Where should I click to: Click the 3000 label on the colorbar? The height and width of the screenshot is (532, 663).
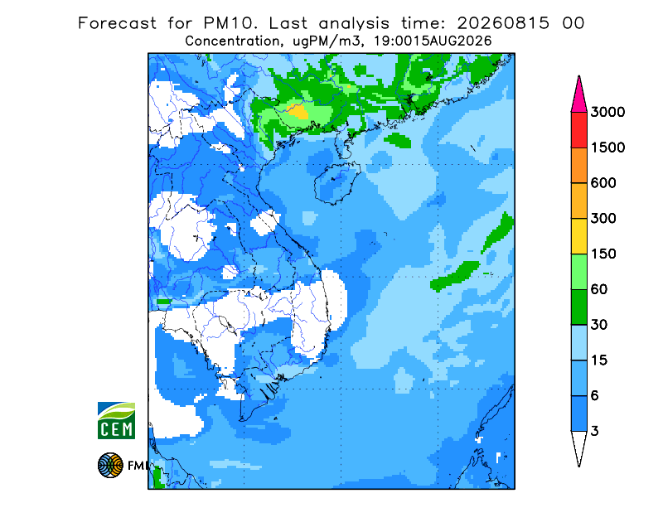[x=607, y=112]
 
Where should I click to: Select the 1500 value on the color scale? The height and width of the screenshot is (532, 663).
[x=607, y=148]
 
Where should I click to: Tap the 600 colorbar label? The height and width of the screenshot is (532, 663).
[x=603, y=183]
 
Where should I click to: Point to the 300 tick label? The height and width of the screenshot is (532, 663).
[x=603, y=219]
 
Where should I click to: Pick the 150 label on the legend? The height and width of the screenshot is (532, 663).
[x=603, y=254]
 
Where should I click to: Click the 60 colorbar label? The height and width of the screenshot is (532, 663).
[x=599, y=290]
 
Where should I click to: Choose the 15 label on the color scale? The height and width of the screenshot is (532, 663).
[x=599, y=360]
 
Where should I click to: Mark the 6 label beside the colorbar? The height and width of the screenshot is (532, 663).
[x=595, y=396]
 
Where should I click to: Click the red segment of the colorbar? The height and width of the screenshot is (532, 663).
[x=578, y=130]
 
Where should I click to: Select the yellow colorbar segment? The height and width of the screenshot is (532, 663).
[x=578, y=236]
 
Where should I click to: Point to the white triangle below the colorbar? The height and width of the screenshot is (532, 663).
[x=578, y=446]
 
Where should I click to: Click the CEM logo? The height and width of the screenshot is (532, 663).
[x=116, y=420]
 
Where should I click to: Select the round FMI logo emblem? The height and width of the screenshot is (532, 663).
[x=110, y=465]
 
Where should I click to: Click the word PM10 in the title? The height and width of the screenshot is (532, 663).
[x=230, y=23]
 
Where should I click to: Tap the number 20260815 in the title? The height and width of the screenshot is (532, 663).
[x=504, y=23]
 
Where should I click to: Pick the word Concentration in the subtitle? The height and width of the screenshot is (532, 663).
[x=232, y=41]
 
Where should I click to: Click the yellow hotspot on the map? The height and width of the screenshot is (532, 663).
[x=298, y=111]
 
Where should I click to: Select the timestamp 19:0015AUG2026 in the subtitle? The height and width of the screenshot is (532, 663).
[x=433, y=41]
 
